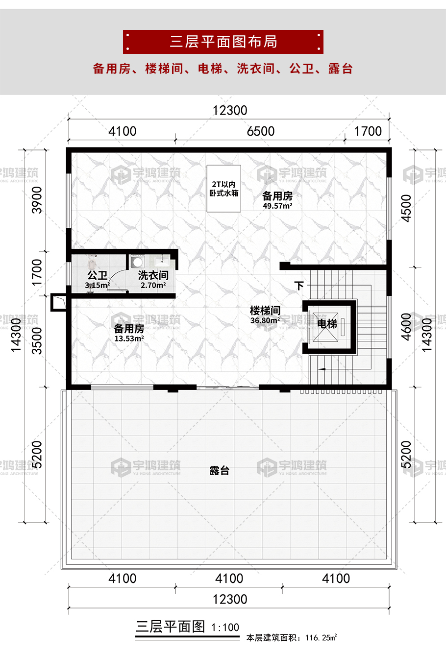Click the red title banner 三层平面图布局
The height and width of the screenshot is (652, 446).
[x=223, y=42]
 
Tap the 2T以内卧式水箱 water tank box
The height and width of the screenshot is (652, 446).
[x=223, y=189]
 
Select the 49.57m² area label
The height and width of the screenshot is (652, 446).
[x=277, y=206]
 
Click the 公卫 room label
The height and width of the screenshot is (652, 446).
[x=97, y=275]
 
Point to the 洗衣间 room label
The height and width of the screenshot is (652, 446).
[x=153, y=275]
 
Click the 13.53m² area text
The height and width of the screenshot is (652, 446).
[x=129, y=338]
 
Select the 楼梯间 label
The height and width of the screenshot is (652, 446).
[x=265, y=311]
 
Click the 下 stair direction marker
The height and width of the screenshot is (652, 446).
[x=299, y=286]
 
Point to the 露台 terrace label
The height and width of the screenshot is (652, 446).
[x=219, y=471]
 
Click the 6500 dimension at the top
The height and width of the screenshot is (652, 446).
[x=261, y=131]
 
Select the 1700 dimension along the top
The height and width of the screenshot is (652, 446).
[x=368, y=131]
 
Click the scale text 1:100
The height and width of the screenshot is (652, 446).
[x=225, y=628]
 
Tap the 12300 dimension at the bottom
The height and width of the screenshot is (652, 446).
[x=229, y=599]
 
